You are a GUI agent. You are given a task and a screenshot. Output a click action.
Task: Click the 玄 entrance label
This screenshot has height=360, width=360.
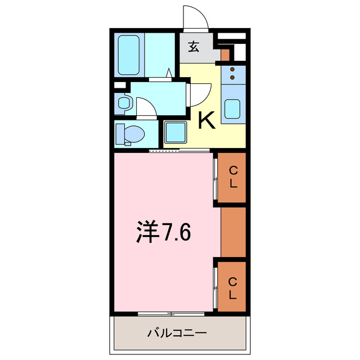click(x=193, y=47)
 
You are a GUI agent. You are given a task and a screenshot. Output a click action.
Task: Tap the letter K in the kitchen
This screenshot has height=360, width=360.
click(x=206, y=120)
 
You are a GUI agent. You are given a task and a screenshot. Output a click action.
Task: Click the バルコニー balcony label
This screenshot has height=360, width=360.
click(x=177, y=333)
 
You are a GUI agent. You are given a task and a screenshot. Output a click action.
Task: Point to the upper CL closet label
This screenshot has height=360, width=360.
click(x=233, y=177)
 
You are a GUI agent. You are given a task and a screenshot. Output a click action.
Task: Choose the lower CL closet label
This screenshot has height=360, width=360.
click(x=232, y=287)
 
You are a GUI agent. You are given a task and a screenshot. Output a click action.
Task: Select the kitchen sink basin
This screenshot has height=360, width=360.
click(x=232, y=108)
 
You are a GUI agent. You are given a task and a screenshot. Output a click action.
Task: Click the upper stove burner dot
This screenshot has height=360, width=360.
click(x=232, y=70)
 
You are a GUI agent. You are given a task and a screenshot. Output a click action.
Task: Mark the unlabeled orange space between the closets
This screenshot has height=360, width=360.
click(x=233, y=232)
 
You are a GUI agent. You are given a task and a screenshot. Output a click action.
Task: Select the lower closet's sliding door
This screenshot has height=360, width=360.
click(x=216, y=286)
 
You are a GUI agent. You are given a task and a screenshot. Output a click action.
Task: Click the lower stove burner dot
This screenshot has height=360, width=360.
click(x=232, y=76)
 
